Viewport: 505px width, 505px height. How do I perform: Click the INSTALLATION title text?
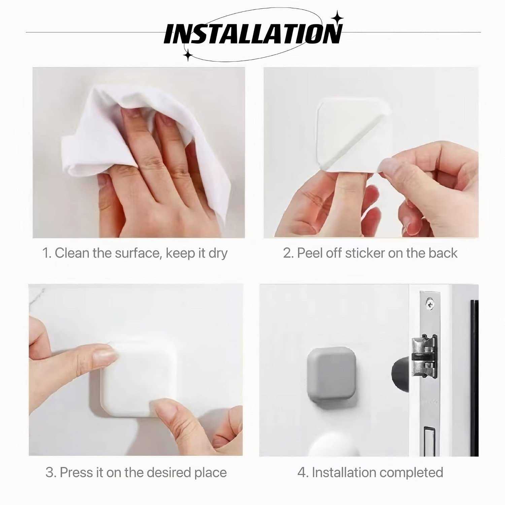point(252,34)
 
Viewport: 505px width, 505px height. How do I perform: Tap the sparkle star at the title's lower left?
point(188,55)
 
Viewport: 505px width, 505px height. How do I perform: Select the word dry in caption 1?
point(218,253)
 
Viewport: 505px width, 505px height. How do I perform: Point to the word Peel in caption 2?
point(310,253)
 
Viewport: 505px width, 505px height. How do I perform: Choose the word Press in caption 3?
point(77,473)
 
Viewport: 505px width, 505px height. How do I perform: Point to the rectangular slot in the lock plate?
point(429,441)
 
